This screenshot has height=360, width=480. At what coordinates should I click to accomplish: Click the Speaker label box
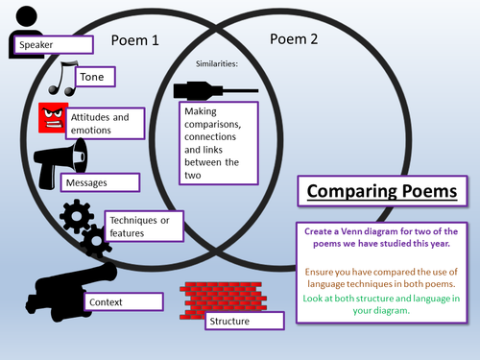[x=54, y=44]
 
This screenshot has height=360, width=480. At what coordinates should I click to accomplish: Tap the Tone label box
[x=95, y=77]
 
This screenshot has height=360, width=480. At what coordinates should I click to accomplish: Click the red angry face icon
[x=53, y=118]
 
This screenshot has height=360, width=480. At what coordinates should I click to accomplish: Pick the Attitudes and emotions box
[x=106, y=124]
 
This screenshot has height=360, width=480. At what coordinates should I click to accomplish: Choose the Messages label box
[x=100, y=182]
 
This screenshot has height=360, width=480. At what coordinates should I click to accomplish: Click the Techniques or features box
[x=144, y=227]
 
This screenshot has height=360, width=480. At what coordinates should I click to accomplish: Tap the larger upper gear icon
[x=77, y=216]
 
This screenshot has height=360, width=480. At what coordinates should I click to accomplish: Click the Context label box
[x=124, y=301]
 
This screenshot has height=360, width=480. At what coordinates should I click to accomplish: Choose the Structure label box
[x=245, y=321]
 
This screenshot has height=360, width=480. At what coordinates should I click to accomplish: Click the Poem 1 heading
[x=134, y=40]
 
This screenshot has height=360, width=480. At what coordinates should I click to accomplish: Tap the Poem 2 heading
[x=294, y=39]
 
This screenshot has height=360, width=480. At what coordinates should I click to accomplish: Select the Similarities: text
[x=217, y=63]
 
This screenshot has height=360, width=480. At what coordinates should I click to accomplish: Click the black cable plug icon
[x=216, y=91]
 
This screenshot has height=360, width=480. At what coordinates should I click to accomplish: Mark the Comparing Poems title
[x=382, y=191]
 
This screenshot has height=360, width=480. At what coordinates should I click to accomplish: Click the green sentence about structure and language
[x=381, y=304]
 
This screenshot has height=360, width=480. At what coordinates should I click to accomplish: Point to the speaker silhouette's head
[x=27, y=16]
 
